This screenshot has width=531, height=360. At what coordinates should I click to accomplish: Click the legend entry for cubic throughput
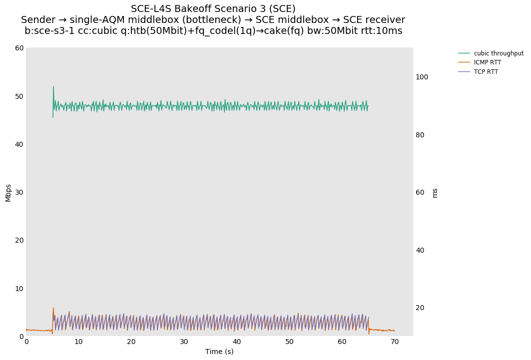pos(499,53)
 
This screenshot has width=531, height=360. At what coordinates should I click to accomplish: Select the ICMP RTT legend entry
pos(487,62)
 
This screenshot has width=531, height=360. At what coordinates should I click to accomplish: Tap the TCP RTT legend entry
pos(486,72)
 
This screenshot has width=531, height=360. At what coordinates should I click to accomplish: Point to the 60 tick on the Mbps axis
pos(20,48)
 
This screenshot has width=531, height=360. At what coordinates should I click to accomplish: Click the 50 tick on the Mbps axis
pos(20,96)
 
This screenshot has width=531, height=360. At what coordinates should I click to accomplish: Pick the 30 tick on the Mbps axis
pos(20,192)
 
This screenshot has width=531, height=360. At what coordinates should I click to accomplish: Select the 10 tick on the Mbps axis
pos(20,289)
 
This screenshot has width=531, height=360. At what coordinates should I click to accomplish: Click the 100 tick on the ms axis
pos(422,77)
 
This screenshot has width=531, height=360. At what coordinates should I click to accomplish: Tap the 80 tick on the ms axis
pos(420,135)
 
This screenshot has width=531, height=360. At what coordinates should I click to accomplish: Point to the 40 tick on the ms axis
pos(420,250)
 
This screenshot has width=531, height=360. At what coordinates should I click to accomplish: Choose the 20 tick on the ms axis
pos(420,308)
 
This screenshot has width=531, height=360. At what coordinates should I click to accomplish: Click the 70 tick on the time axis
pos(395,342)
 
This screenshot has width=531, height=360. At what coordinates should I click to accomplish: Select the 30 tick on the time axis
pos(184,342)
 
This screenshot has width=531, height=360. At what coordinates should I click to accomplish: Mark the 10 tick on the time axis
pos(79,342)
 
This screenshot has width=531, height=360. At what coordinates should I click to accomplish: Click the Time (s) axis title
pos(219,352)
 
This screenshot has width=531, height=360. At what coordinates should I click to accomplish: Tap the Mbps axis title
pos(8,192)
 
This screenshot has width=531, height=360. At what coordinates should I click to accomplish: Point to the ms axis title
pos(435,193)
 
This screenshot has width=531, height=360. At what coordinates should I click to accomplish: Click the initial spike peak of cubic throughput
pos(53,86)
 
